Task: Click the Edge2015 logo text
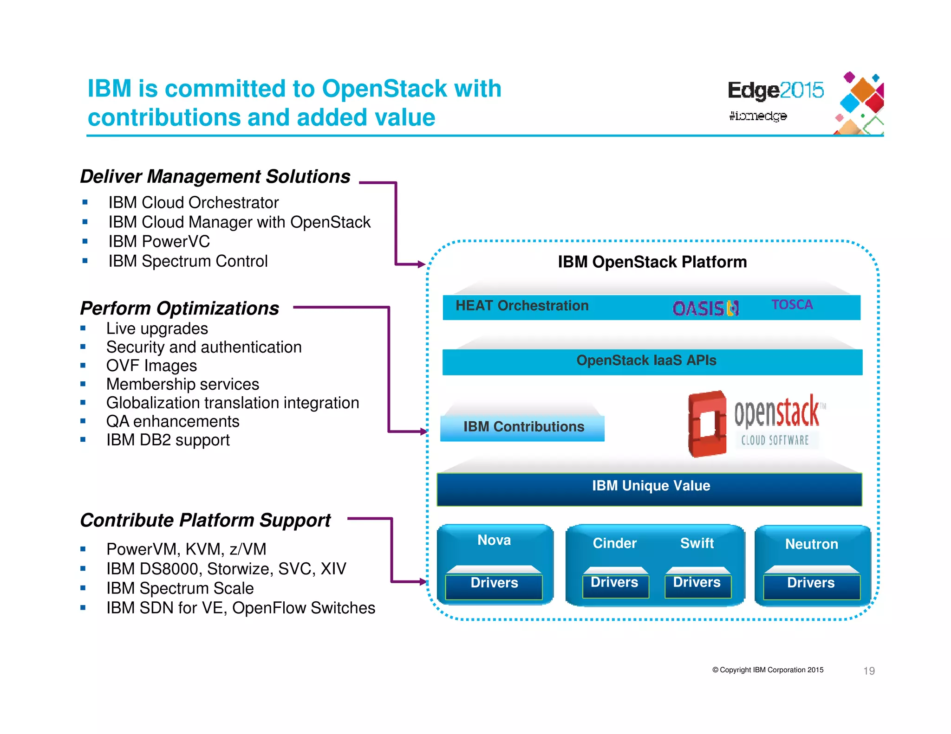tap(775, 90)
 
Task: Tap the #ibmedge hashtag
tap(757, 116)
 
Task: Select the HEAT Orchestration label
tap(521, 306)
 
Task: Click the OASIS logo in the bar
tap(705, 309)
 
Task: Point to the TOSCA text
tap(792, 305)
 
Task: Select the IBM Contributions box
tap(523, 427)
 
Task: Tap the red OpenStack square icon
tap(707, 424)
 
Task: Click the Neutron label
tap(811, 544)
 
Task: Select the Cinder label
tap(614, 543)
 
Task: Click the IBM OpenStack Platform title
tap(651, 262)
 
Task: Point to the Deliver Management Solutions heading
tap(215, 177)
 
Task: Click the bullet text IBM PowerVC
tap(159, 242)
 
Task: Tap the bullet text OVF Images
tap(151, 366)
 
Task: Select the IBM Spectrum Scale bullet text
tap(180, 588)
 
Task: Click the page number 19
tap(868, 671)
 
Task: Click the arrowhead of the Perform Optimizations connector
tap(423, 431)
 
